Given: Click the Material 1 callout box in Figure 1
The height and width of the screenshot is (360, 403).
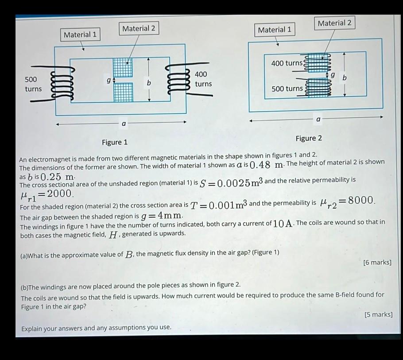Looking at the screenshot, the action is pos(80,35).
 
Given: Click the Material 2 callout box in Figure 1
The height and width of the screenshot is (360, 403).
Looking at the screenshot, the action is pos(139,28).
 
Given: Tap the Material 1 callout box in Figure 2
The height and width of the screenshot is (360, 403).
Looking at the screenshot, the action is pos(275,30).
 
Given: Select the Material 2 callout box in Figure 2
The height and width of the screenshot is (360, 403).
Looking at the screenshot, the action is pos(334,23).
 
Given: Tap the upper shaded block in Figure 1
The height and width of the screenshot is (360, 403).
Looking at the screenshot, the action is pos(123,68).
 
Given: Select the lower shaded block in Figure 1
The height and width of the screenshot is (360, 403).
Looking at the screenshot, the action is pos(124,93).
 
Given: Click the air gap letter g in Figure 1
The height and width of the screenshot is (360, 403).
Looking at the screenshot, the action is pos(108,80).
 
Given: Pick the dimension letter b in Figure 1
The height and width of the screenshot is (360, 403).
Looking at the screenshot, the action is pos(148,83).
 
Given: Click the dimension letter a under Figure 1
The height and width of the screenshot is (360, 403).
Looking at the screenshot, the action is pos(124,124).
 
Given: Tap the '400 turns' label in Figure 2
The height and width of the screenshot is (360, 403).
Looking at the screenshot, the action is pos(287,63).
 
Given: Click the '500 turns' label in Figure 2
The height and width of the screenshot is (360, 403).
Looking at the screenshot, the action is pos(287,89).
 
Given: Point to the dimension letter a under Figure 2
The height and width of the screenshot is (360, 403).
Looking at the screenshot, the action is pos(318,119).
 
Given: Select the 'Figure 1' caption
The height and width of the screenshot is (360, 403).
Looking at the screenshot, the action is pos(115,142).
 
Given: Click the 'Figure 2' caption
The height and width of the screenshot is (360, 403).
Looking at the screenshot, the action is pos(309,138).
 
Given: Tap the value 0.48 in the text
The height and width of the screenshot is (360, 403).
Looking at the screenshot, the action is pos(260,165).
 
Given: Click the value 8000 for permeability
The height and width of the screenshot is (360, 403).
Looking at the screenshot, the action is pos(361,200).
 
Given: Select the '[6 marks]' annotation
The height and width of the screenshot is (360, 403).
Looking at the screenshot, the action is pos(377,262).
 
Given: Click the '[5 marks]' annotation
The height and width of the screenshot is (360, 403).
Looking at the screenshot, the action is pos(378,314).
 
